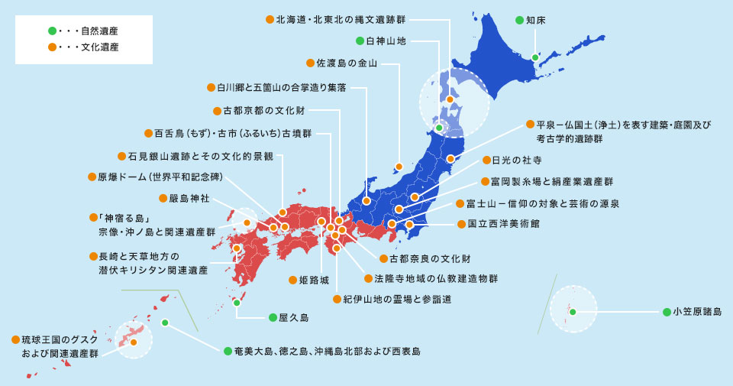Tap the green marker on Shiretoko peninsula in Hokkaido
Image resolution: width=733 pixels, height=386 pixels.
click(535, 57)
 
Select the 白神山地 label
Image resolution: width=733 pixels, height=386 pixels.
click(390, 41)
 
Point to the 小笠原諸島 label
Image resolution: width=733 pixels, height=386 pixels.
click(696, 312)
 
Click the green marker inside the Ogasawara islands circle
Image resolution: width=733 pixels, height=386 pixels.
click(572, 311)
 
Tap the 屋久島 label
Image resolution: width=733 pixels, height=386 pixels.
click(293, 316)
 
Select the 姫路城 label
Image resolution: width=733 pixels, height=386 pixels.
click(303, 281)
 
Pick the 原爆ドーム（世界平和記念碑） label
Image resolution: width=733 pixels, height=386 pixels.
click(160, 177)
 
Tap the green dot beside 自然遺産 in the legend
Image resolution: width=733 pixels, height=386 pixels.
click(52, 31)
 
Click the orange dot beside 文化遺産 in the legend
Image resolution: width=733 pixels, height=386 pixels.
click(52, 47)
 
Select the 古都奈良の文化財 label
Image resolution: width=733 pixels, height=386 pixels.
click(429, 259)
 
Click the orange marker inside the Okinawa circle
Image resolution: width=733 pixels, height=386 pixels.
click(134, 342)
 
